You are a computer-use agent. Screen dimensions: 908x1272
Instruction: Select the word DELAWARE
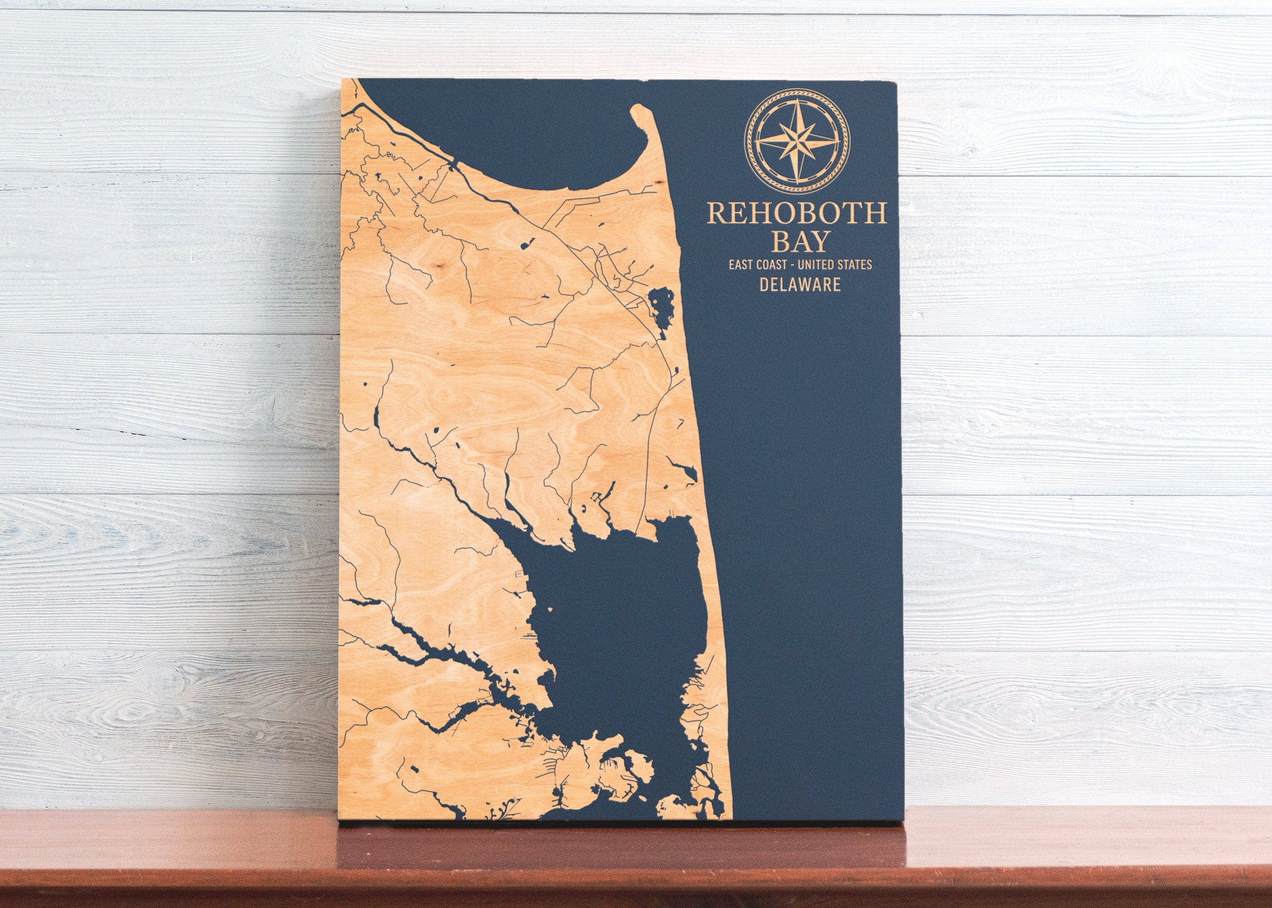pos(800,284)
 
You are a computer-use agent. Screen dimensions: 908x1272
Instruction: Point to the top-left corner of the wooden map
pos(343,80)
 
